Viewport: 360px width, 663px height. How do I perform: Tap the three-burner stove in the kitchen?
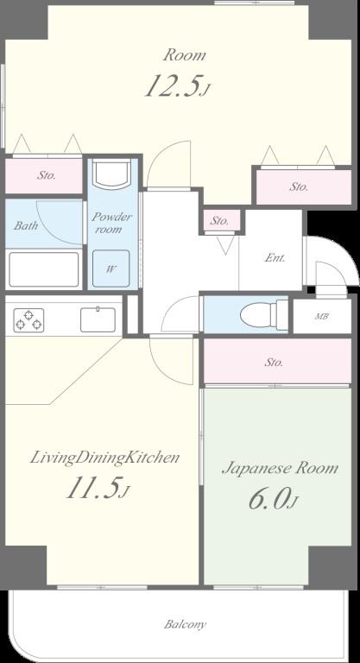[x=28, y=320]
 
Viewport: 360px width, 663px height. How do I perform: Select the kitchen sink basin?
[x=98, y=319]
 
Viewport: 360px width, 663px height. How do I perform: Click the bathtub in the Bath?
[x=43, y=269]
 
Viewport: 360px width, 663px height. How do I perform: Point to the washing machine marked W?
[x=111, y=268]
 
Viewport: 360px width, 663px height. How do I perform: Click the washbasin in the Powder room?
[x=111, y=174]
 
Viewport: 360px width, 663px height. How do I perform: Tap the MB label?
[x=322, y=316]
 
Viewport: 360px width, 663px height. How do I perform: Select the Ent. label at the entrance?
[x=275, y=257]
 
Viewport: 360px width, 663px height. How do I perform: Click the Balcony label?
[x=185, y=624]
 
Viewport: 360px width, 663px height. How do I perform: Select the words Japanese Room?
[x=280, y=469]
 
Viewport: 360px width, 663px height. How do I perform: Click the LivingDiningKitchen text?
[x=104, y=458]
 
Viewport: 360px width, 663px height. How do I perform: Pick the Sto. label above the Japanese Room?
[x=275, y=363]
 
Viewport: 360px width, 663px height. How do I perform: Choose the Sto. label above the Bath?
[x=47, y=175]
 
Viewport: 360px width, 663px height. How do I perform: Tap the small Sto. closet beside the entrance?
[x=220, y=220]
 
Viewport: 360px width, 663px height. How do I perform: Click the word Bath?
[x=26, y=225]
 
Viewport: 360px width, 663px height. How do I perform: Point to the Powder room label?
[x=111, y=224]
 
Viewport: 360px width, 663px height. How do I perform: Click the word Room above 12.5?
[x=185, y=55]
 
